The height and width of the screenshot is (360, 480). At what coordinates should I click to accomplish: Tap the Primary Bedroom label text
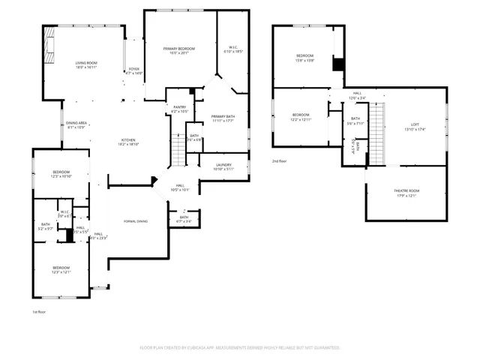pyautogui.click(x=179, y=49)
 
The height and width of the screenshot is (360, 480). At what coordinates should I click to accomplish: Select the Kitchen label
pyautogui.click(x=129, y=140)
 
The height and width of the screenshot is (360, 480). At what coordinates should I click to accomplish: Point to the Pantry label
pyautogui.click(x=179, y=107)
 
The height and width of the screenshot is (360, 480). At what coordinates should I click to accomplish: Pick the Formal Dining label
pyautogui.click(x=136, y=221)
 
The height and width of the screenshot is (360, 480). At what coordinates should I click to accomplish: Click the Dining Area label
pyautogui.click(x=76, y=123)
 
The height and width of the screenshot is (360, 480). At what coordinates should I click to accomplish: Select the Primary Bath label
pyautogui.click(x=223, y=116)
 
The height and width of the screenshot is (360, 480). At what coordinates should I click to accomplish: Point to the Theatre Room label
pyautogui.click(x=406, y=190)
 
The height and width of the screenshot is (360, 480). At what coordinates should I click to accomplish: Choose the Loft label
pyautogui.click(x=414, y=124)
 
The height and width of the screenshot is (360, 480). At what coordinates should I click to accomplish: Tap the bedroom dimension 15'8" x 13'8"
pyautogui.click(x=304, y=60)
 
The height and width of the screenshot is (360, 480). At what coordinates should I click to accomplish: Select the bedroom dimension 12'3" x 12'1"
pyautogui.click(x=61, y=272)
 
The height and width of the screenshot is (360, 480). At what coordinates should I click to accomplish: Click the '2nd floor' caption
pyautogui.click(x=280, y=161)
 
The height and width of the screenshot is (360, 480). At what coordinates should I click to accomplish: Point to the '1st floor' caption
pyautogui.click(x=39, y=311)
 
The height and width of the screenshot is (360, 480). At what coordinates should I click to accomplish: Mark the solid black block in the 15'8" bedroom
pyautogui.click(x=338, y=64)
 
